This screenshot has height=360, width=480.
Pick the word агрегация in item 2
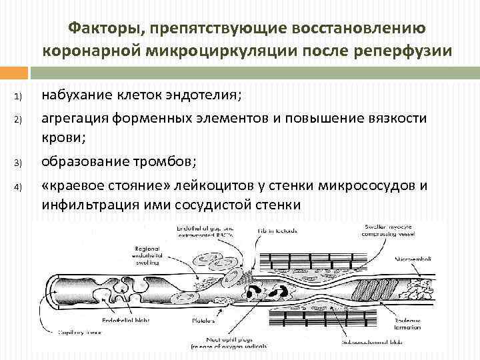73,119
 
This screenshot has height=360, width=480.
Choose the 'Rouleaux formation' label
408,323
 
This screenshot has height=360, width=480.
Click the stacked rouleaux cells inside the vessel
366,291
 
